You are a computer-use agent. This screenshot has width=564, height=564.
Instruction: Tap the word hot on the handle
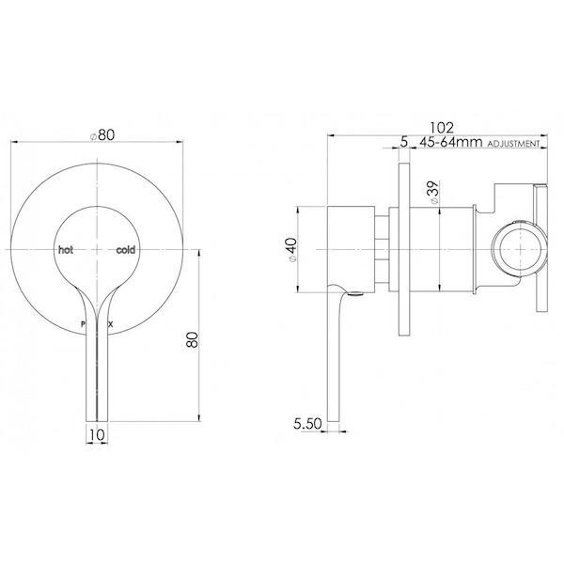pos(66,251)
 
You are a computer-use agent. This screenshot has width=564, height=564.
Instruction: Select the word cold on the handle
pos(127,251)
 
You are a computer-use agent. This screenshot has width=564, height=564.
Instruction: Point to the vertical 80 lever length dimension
pos(193,337)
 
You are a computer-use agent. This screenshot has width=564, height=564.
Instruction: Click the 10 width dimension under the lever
pos(96,434)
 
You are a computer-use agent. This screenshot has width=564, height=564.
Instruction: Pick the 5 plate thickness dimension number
pos(402,143)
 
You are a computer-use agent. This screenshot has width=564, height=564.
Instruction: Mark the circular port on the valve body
pos(517,252)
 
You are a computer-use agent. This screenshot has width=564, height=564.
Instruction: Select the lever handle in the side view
pos(335,357)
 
